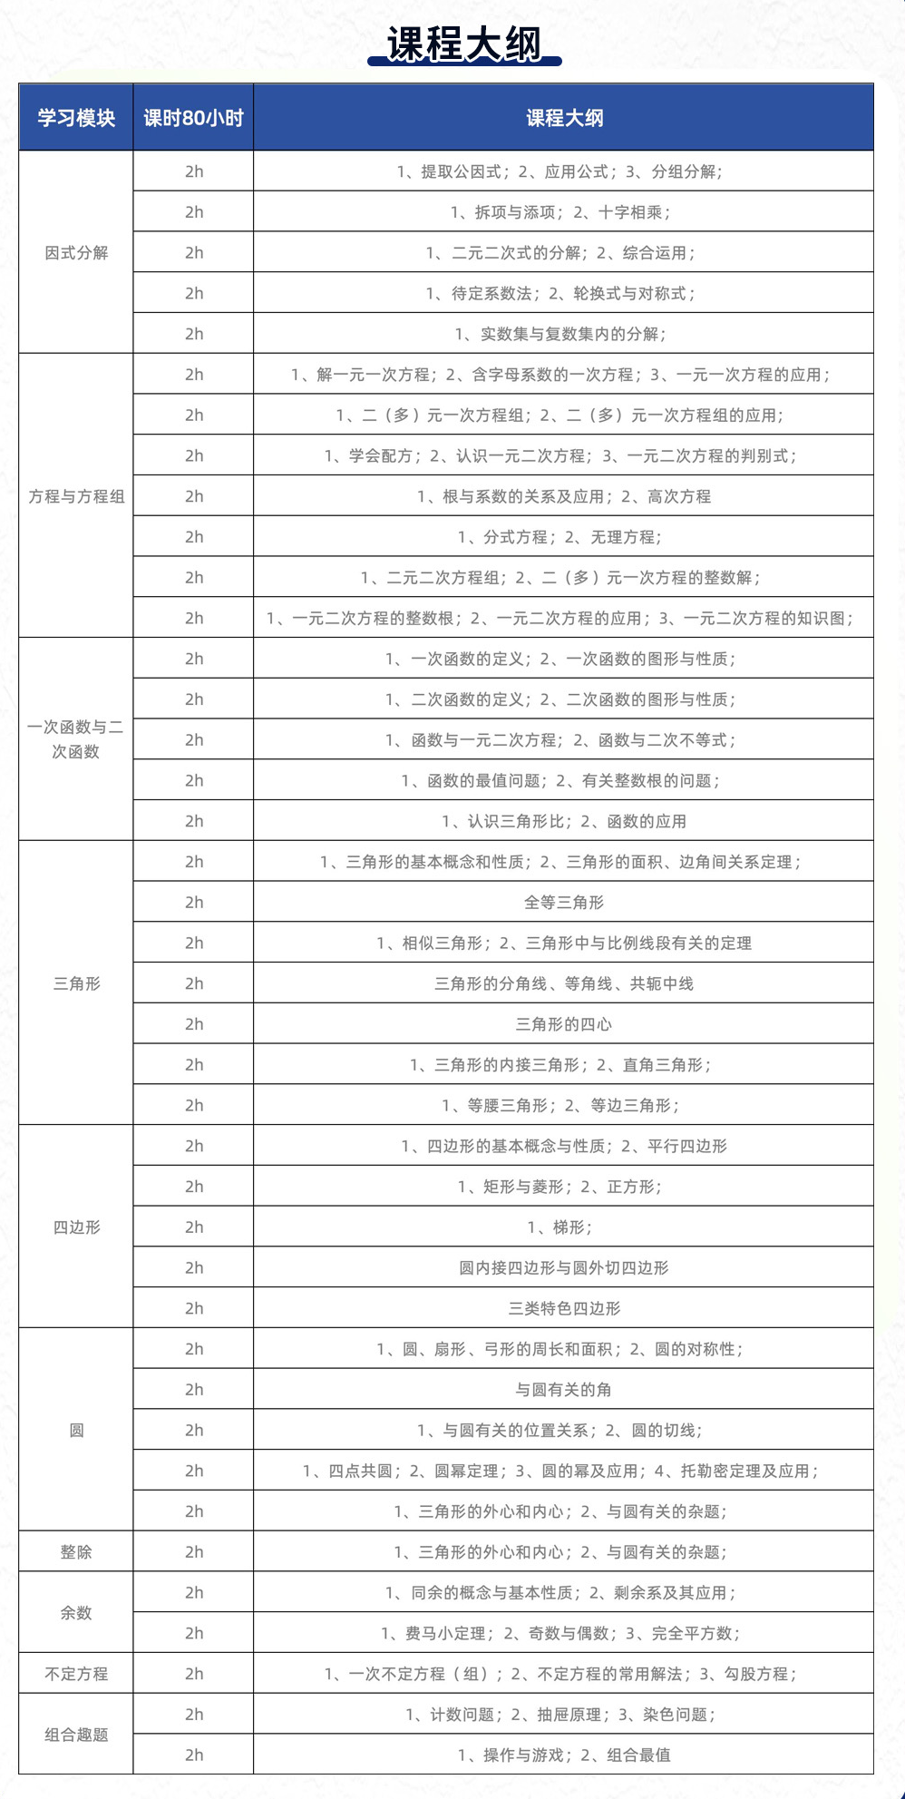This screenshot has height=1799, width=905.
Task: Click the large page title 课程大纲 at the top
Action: (463, 44)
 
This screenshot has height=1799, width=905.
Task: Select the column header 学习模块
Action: (76, 118)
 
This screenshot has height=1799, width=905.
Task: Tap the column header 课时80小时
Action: (193, 118)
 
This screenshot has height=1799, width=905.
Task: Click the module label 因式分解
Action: (76, 253)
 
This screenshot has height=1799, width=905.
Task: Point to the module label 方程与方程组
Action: (76, 496)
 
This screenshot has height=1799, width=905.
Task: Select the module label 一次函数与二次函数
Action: (76, 739)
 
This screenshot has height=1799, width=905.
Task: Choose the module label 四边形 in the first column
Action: (76, 1227)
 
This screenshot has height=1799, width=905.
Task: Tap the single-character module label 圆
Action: (76, 1431)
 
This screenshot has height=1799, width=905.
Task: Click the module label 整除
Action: (76, 1552)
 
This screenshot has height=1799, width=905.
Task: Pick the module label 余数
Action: (76, 1613)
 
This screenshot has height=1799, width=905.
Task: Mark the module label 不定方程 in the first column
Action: (76, 1674)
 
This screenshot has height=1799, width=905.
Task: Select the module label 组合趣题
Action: (76, 1735)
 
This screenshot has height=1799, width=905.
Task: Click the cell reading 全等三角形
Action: (563, 903)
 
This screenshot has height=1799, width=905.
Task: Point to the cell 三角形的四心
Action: (563, 1024)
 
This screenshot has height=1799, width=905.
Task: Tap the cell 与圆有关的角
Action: (563, 1390)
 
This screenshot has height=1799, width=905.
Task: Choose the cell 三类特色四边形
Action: (563, 1308)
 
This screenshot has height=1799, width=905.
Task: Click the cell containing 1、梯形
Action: (560, 1227)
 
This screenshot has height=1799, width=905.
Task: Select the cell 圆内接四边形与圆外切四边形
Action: (563, 1268)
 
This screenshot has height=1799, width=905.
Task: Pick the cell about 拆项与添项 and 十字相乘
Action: (560, 212)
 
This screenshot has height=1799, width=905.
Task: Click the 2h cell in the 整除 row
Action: (194, 1552)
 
